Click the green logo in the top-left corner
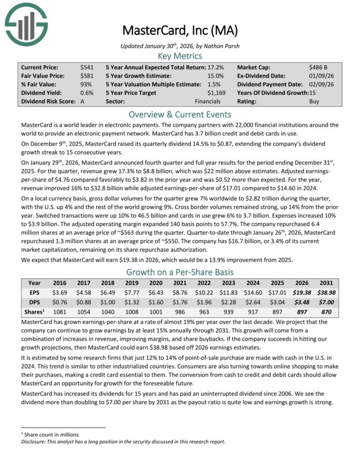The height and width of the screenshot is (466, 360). pos(26,23)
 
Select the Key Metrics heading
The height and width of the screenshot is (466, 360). pos(179,56)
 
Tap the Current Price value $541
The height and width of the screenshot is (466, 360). pos(86,67)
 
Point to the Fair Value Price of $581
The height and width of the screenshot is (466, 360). pos(86,76)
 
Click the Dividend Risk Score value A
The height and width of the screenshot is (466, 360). pos(82,101)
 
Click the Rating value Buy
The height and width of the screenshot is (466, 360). pos(314,101)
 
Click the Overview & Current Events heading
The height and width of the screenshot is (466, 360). pos(179,114)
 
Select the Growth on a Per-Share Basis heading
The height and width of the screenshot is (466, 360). pos(179,271)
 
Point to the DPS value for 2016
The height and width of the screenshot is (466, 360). pos(59,303)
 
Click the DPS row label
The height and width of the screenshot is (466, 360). pos(34,303)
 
